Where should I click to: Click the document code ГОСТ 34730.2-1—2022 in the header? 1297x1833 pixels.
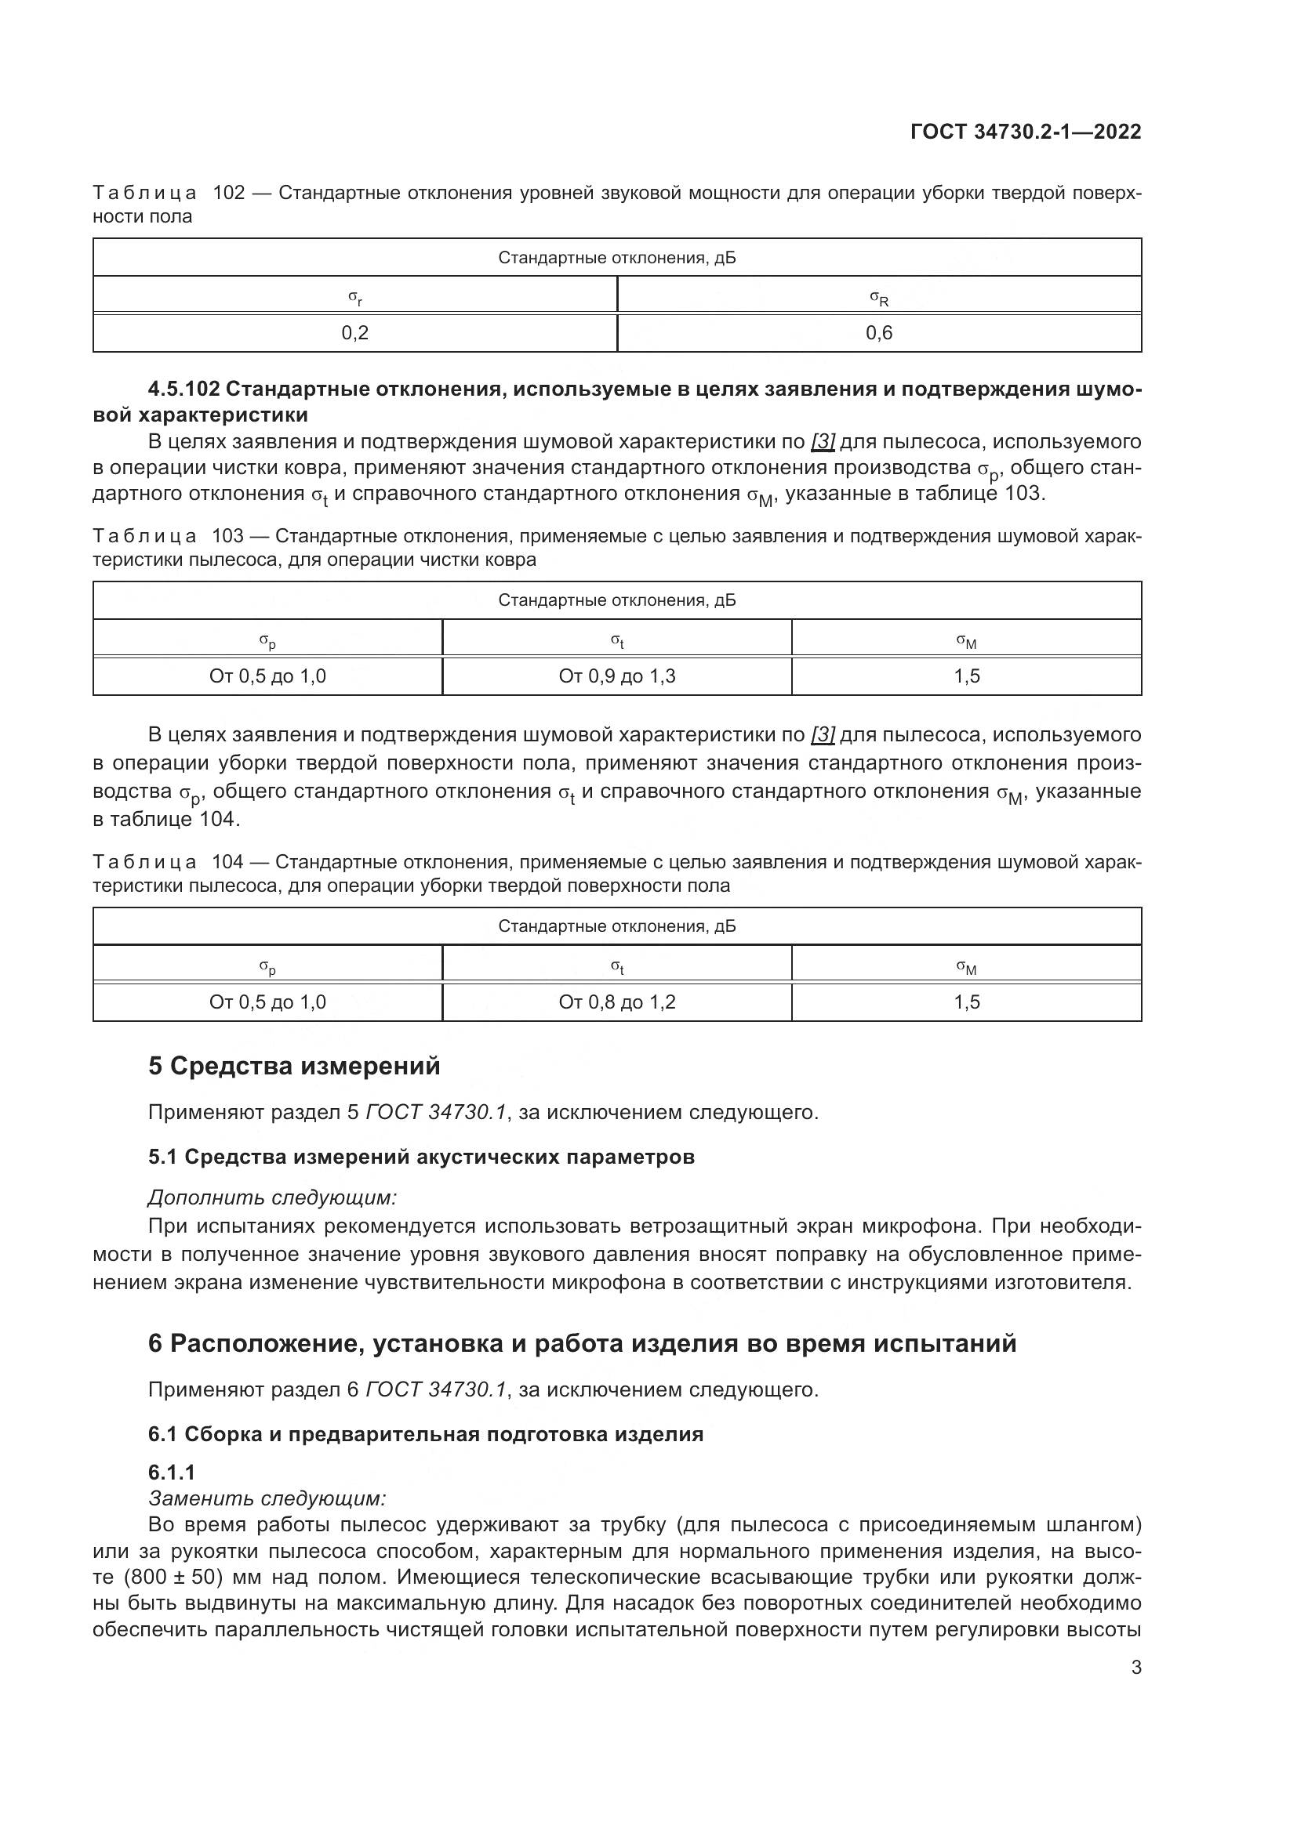(x=1026, y=132)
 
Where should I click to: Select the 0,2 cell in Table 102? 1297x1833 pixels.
(x=354, y=333)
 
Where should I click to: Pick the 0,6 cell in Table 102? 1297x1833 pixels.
(x=878, y=333)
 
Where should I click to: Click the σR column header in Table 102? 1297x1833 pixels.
(x=878, y=299)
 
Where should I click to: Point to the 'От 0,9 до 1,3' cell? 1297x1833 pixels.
(x=616, y=676)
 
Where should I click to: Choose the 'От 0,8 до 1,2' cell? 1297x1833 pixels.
(x=616, y=1002)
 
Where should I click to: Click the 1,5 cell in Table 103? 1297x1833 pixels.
(x=966, y=676)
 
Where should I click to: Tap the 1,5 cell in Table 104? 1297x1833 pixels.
(x=966, y=1002)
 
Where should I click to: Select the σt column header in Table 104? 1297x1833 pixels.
(x=616, y=967)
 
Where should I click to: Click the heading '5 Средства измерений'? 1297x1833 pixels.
(x=294, y=1066)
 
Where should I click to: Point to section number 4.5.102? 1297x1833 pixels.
(x=183, y=389)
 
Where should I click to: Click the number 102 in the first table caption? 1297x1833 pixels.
(x=229, y=194)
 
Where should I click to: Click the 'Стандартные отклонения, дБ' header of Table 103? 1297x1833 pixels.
(x=616, y=600)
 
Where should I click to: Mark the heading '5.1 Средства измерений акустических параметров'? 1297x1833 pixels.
(x=421, y=1157)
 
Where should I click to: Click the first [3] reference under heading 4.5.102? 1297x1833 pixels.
(x=823, y=441)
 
